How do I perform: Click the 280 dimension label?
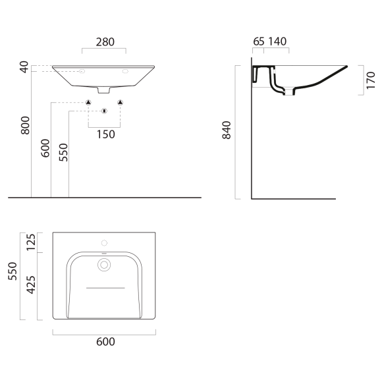(x=105, y=42)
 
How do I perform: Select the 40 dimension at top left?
(x=24, y=67)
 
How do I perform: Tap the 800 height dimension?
(x=25, y=125)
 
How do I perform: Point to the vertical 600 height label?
(x=45, y=148)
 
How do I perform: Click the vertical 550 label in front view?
(x=63, y=152)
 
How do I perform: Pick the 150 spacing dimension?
(x=106, y=134)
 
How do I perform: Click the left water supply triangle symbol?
(x=88, y=102)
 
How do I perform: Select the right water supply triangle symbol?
(x=120, y=102)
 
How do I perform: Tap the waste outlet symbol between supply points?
(x=104, y=111)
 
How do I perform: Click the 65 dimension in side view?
(x=259, y=41)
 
